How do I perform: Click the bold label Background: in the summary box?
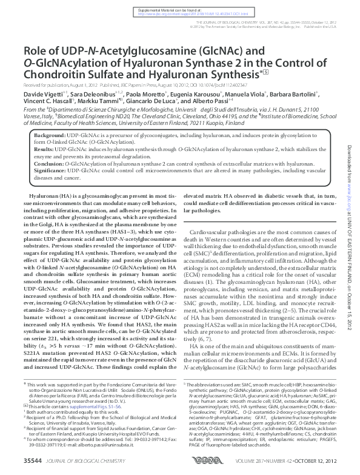49,133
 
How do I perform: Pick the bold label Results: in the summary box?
44,149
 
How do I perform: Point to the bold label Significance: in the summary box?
50,172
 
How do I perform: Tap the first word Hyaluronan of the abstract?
43,197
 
